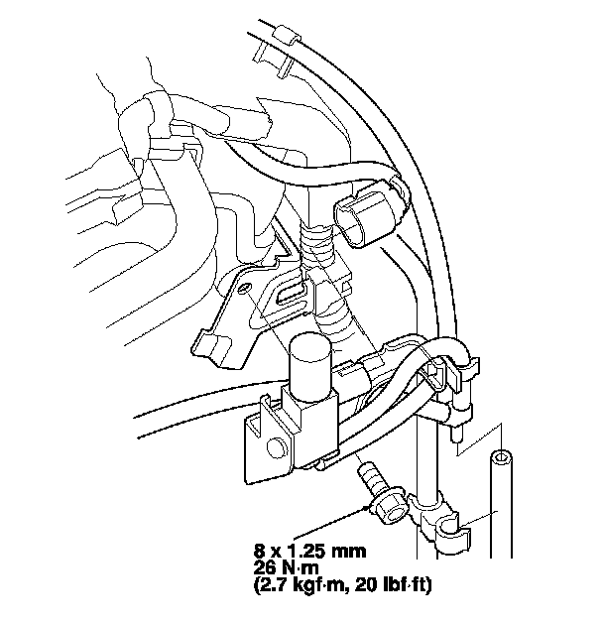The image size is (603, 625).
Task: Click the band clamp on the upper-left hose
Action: tap(162, 111)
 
